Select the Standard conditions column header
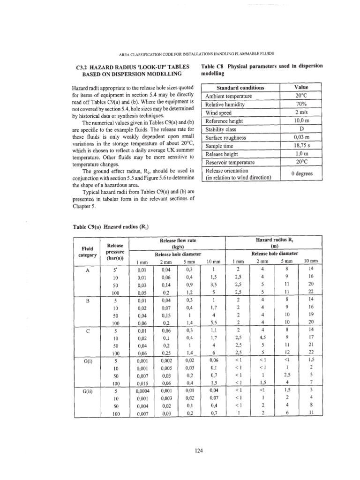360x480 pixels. [240, 88]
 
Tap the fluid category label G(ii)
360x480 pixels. [88, 389]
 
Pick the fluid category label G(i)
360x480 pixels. [88, 361]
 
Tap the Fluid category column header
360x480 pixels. [87, 252]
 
